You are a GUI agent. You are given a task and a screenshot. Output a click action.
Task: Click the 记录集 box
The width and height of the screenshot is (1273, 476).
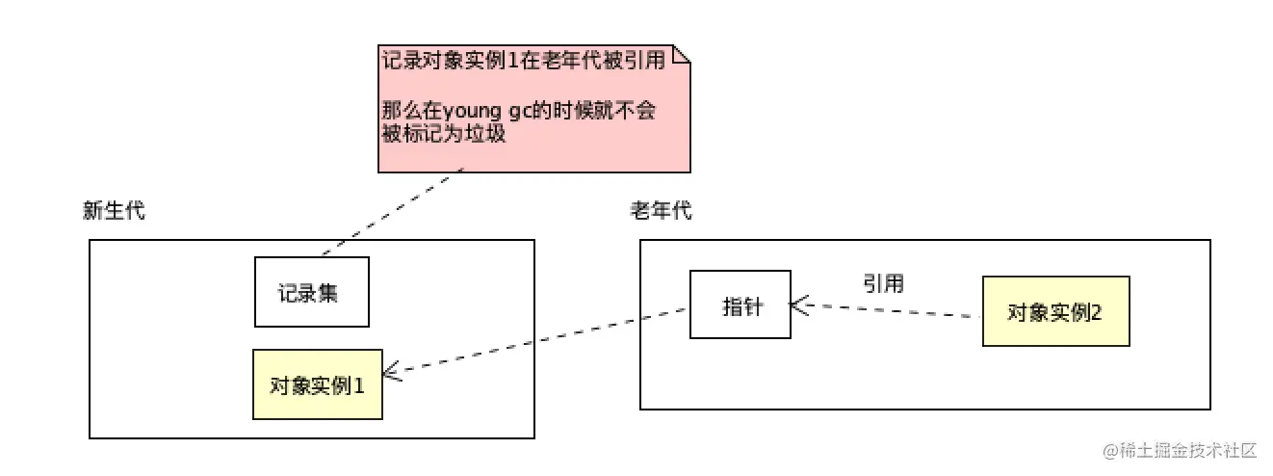(311, 291)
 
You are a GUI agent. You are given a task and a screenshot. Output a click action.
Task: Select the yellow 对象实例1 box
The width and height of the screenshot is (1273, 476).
(317, 384)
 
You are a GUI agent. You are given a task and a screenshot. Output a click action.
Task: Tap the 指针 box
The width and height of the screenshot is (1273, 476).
(740, 304)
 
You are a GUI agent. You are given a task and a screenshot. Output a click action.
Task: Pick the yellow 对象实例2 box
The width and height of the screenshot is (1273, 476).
(1055, 311)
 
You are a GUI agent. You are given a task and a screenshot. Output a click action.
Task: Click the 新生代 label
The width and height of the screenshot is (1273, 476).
(115, 211)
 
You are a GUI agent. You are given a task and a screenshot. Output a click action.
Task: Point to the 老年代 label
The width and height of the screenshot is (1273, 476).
(661, 211)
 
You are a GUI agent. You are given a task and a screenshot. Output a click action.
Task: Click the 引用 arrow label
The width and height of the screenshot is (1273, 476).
(883, 283)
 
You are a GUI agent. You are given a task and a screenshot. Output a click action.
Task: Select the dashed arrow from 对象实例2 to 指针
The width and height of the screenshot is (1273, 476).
(886, 310)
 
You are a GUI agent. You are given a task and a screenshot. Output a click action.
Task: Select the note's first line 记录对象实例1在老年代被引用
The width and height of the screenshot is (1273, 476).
(523, 60)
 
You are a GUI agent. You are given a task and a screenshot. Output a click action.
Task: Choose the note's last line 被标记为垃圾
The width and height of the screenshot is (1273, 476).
(444, 135)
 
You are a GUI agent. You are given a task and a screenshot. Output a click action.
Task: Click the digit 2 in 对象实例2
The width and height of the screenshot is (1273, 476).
(1098, 312)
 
